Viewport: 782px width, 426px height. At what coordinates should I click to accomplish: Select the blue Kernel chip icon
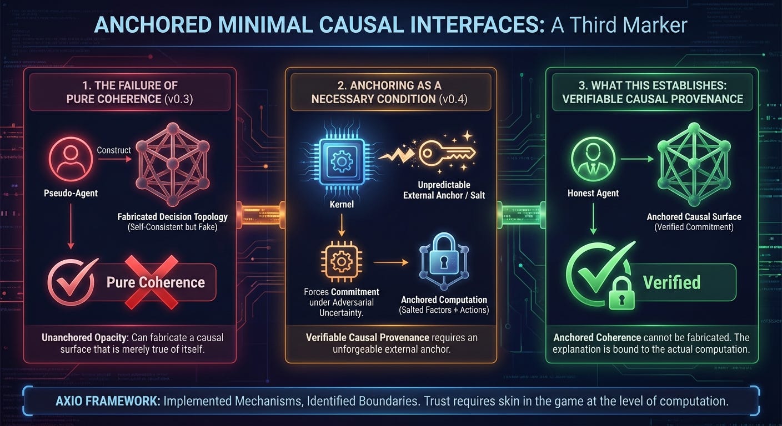point(338,163)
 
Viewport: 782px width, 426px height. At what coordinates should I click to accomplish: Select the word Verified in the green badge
point(671,282)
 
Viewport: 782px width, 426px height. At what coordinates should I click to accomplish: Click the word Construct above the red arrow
point(114,150)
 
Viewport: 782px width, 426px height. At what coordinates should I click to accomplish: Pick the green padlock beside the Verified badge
point(621,293)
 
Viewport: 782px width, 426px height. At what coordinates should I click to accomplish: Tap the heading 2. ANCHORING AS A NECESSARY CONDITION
point(390,92)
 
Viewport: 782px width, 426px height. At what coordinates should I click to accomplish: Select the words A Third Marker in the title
point(619,25)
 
